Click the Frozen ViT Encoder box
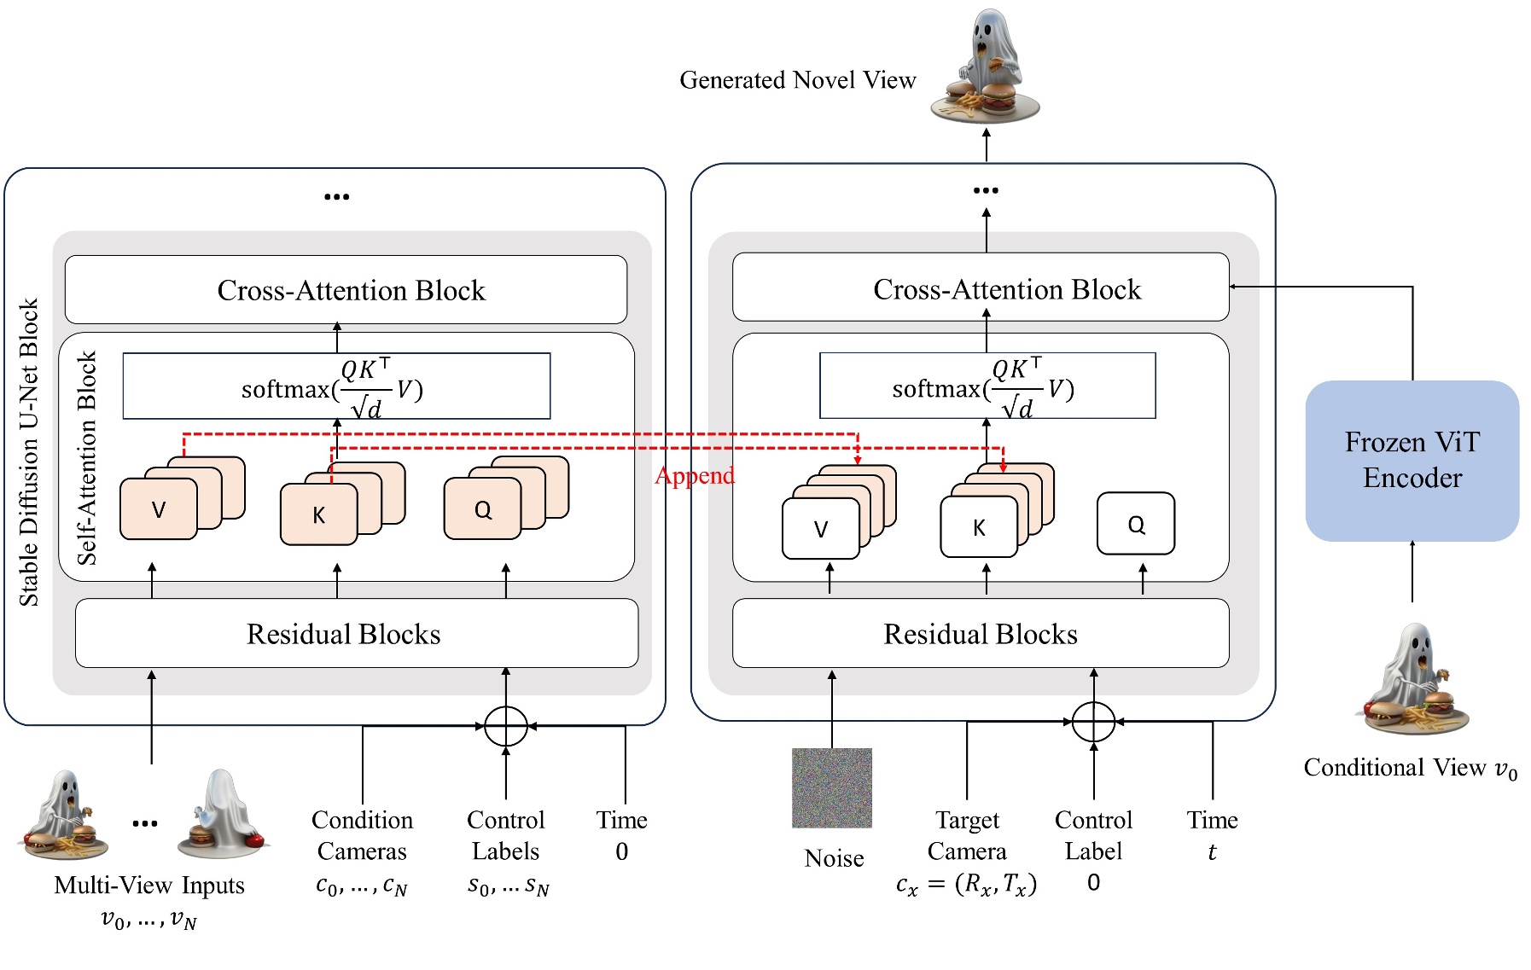(x=1412, y=461)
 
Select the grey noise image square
(x=831, y=787)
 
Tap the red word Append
(x=694, y=475)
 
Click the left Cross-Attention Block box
(x=346, y=290)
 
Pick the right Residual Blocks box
(x=980, y=634)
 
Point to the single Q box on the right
(x=1135, y=524)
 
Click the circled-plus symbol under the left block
(x=505, y=727)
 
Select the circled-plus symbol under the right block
(x=1092, y=722)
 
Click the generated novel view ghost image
(x=986, y=68)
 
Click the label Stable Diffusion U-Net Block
(x=29, y=452)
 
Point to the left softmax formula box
(x=336, y=386)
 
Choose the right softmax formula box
(x=987, y=386)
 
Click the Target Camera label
(x=967, y=835)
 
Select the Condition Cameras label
(x=362, y=835)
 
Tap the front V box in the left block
(x=159, y=509)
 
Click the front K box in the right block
(x=978, y=528)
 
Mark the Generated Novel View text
(x=797, y=80)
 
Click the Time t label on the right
(x=1211, y=835)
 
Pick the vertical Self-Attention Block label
(x=87, y=458)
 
